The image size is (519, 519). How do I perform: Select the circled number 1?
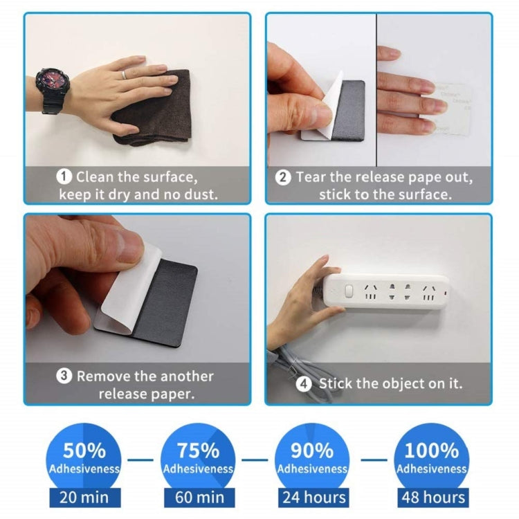click(x=64, y=177)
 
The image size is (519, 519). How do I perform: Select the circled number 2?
click(x=283, y=177)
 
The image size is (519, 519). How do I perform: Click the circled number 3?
click(x=64, y=376)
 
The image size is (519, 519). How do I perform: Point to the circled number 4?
click(x=304, y=383)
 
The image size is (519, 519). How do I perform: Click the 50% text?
click(x=84, y=450)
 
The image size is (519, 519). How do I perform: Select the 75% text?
click(x=198, y=450)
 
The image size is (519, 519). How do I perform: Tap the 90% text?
click(x=312, y=450)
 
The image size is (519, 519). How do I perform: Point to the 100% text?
click(x=431, y=450)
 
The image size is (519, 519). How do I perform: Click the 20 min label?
click(x=84, y=497)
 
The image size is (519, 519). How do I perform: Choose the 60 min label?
click(x=198, y=497)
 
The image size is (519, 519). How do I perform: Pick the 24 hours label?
click(x=313, y=497)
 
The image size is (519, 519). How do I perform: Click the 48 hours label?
click(x=432, y=497)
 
